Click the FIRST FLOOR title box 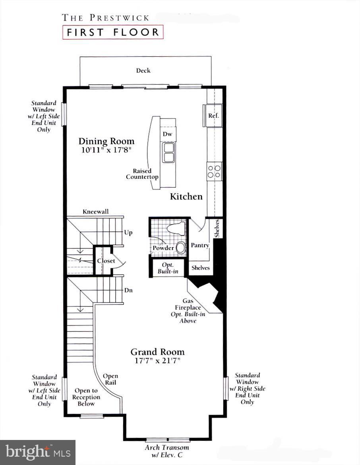(x=112, y=32)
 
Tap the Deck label (x=143, y=71)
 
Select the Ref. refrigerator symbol (x=213, y=116)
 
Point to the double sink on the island (x=169, y=153)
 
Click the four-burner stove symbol (x=214, y=171)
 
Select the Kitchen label (x=186, y=196)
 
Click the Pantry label (x=199, y=246)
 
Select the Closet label (x=106, y=261)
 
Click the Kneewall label (x=95, y=212)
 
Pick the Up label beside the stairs (x=128, y=232)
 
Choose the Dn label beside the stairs (x=128, y=290)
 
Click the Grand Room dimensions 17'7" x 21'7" (x=158, y=361)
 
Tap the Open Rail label (x=110, y=379)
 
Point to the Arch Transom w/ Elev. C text (x=167, y=450)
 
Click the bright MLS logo (x=38, y=452)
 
